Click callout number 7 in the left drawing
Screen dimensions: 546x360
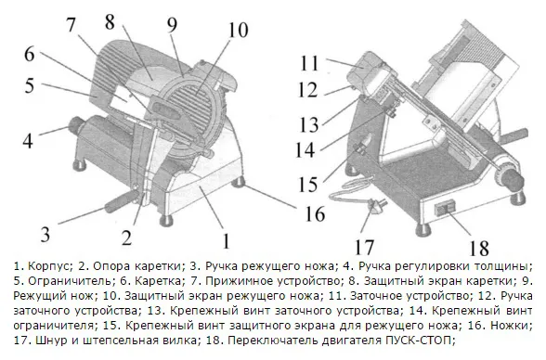pos(71,24)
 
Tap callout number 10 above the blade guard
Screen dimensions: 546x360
pos(238,31)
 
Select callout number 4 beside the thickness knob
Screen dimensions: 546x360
pos(28,140)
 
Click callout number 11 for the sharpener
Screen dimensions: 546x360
pos(309,63)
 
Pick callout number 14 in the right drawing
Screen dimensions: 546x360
pos(305,150)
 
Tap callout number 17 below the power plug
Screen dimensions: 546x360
pos(364,247)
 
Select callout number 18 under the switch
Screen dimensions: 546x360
pos(479,249)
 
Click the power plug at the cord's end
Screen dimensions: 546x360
pos(377,205)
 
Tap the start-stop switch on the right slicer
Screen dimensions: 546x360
pos(444,208)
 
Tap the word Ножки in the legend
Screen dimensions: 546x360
pos(511,326)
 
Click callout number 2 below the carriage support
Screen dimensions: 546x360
pos(126,238)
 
